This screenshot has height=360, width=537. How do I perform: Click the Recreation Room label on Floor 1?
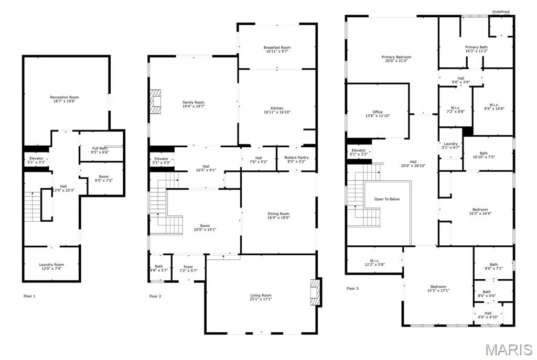click(x=65, y=97)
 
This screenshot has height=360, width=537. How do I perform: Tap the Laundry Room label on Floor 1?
click(x=51, y=265)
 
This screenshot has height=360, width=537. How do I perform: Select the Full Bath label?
click(x=100, y=148)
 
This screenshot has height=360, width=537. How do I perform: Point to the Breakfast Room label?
click(x=277, y=48)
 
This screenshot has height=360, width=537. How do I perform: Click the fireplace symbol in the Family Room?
click(x=155, y=102)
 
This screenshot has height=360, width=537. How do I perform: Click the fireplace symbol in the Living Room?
click(x=315, y=292)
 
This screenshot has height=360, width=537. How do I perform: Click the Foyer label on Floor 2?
click(x=187, y=267)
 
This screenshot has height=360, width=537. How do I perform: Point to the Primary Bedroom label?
click(x=396, y=57)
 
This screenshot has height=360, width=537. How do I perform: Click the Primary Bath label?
click(x=476, y=47)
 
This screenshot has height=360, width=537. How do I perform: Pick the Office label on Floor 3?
click(x=378, y=112)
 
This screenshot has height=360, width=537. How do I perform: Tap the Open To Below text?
click(x=387, y=199)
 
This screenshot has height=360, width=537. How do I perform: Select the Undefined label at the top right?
click(x=500, y=12)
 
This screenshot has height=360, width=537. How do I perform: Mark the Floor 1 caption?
click(x=30, y=296)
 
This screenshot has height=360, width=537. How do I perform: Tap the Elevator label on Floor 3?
click(x=359, y=150)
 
